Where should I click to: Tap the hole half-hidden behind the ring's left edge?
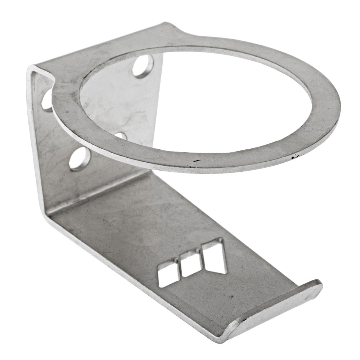47,100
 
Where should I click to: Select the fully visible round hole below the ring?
79,158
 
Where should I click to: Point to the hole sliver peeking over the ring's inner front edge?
121,136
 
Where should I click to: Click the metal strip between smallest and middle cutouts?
179,270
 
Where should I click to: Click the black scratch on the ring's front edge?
195,161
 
